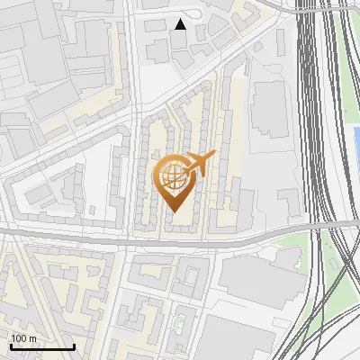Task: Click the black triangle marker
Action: tap(180, 24)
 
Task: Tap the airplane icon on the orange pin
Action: tap(201, 163)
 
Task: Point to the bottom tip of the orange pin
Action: tap(174, 211)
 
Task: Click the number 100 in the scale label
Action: tap(19, 338)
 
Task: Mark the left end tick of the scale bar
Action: tap(10, 346)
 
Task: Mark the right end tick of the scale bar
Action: tap(74, 346)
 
